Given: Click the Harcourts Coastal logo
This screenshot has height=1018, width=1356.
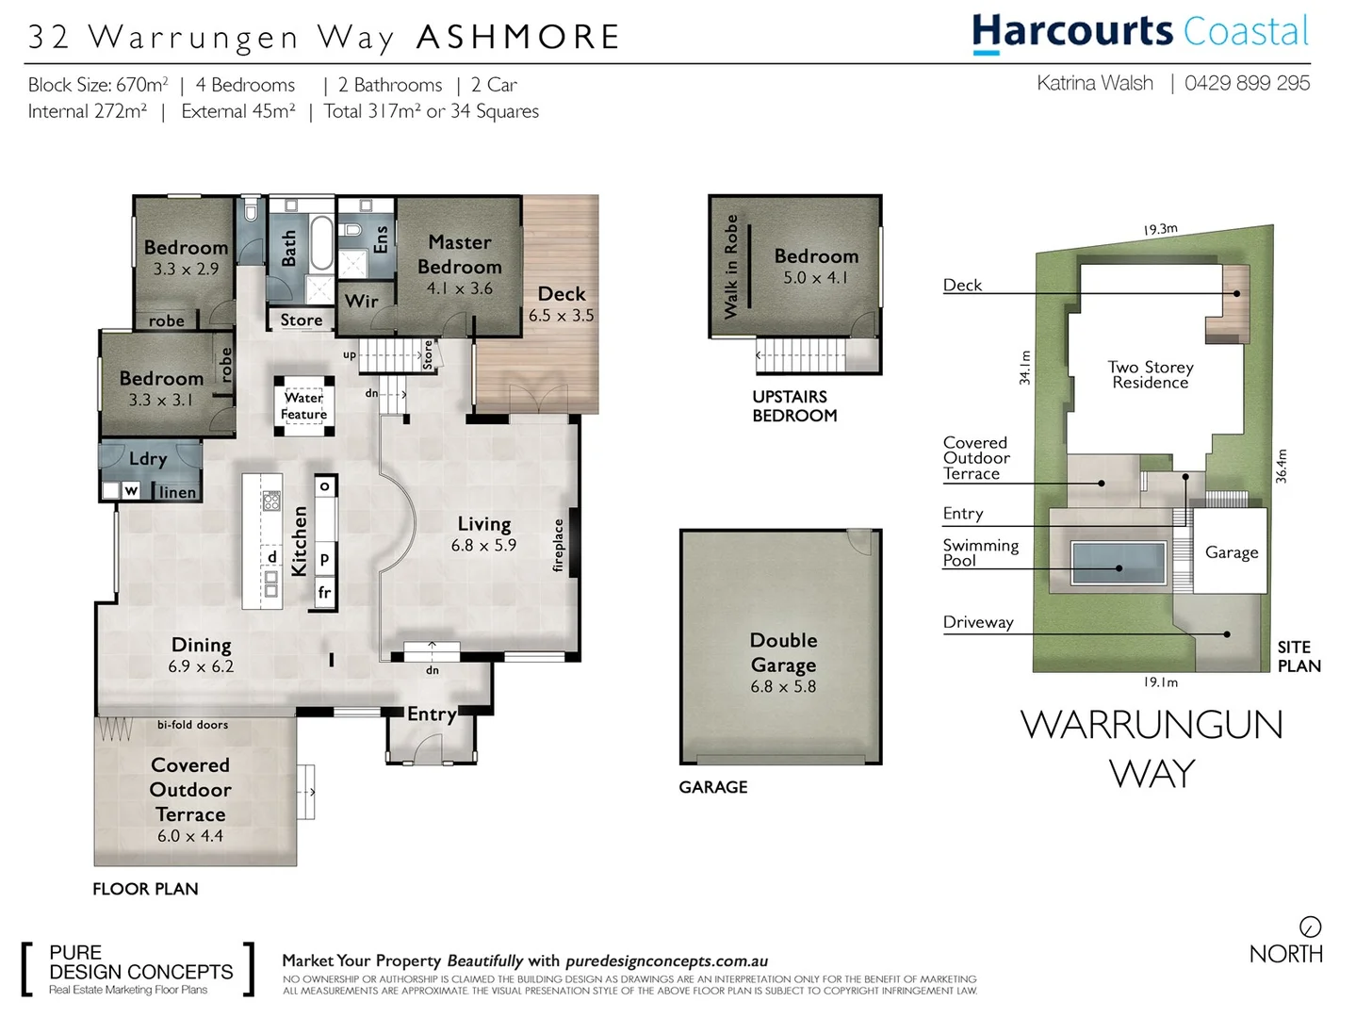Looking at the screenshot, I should [1140, 33].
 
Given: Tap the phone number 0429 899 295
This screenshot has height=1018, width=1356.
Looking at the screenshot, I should [1247, 83].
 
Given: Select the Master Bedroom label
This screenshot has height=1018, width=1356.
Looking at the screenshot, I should [459, 254].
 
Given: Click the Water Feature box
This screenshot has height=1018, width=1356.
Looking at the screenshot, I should [303, 406].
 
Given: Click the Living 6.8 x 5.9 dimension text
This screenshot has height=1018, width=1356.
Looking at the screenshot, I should [483, 545].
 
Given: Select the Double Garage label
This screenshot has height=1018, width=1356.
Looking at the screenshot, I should [783, 652].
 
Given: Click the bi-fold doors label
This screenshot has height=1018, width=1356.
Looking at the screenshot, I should [192, 725].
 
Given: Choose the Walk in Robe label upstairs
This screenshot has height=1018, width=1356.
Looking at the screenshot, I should [731, 266].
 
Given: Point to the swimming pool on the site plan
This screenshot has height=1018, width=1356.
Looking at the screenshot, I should [1118, 564].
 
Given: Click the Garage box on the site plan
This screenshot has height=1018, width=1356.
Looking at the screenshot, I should [1231, 552].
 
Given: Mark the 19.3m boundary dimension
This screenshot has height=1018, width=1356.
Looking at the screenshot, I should [1160, 229].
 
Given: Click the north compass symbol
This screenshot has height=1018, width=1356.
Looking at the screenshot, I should [1310, 927].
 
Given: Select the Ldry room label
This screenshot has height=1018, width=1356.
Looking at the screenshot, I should [148, 459].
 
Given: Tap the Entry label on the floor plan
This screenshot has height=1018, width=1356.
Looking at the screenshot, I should [432, 714].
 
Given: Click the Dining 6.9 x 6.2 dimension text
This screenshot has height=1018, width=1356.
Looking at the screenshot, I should [201, 666].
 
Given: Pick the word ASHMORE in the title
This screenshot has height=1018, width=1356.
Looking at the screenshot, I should [518, 37].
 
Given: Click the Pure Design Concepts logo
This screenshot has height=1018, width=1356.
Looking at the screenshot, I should [138, 969].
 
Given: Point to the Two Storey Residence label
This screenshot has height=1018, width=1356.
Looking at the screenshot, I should [1150, 374].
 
